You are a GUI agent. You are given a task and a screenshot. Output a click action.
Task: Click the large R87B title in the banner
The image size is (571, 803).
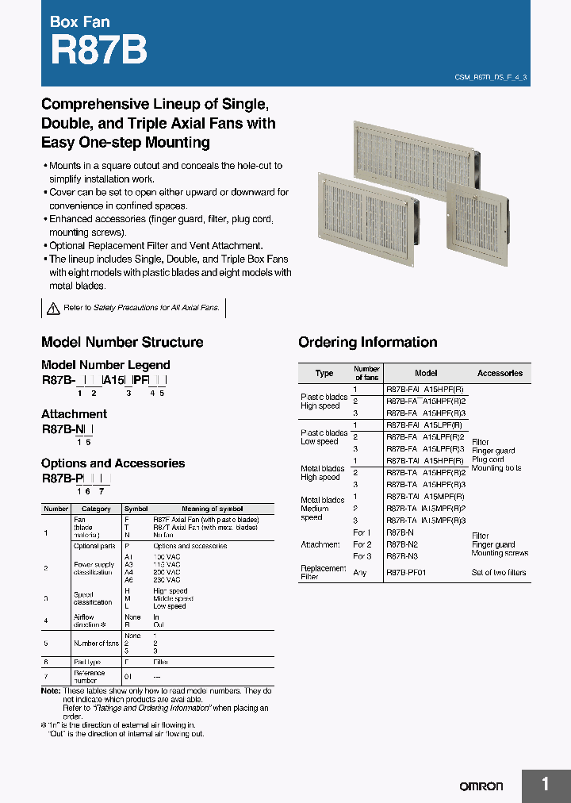[x=98, y=51]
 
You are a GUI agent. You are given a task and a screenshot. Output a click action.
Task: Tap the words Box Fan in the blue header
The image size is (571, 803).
[x=80, y=21]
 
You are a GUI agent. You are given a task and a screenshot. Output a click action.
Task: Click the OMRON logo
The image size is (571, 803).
[x=481, y=786]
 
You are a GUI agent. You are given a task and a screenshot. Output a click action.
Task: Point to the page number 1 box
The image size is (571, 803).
[x=546, y=785]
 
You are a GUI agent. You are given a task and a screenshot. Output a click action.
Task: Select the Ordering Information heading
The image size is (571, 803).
[x=367, y=342]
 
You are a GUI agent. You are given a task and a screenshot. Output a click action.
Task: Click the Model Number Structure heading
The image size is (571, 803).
[x=122, y=342]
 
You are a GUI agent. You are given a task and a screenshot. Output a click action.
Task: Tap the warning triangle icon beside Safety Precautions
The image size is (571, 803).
[x=53, y=308]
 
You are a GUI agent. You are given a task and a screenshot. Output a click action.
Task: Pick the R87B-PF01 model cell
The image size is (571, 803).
[x=406, y=572]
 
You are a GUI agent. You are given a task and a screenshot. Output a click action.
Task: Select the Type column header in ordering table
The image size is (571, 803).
[x=324, y=373]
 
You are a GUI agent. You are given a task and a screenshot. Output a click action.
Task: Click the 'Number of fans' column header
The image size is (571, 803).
[x=366, y=373]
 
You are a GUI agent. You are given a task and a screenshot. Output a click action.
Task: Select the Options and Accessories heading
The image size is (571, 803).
[x=113, y=463]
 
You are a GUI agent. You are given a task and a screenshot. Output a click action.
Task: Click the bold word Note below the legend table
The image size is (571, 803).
[x=49, y=691]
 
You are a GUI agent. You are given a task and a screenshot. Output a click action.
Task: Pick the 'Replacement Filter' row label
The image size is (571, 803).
[x=324, y=572]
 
